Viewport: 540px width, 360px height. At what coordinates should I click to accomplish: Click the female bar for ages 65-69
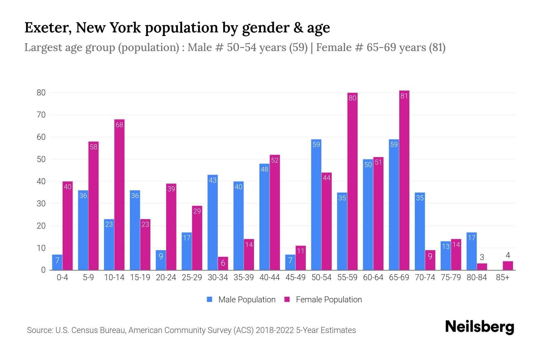coord(404,180)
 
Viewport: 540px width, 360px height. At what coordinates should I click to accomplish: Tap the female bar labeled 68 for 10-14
coord(119,195)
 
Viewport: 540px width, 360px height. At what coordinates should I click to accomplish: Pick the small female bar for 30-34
coord(223,263)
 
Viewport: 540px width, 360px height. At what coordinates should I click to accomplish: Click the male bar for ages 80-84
coord(472,251)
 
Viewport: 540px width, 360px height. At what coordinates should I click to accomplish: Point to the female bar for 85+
coord(508,266)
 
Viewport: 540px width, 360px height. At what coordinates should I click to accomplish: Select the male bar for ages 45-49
coord(290,262)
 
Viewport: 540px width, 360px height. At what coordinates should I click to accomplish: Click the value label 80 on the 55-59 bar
coord(352,98)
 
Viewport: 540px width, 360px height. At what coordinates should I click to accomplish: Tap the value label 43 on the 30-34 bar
coord(212,180)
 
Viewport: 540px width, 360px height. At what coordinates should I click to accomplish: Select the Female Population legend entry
coord(323,300)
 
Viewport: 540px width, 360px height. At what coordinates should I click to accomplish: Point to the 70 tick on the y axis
coord(41,115)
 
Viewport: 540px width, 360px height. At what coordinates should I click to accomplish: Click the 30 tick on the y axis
coord(41,204)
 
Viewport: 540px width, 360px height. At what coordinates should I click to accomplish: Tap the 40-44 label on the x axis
coord(269,277)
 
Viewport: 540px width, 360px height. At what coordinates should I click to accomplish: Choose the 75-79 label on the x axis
coord(451,277)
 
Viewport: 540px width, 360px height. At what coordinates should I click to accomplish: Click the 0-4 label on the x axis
coord(62,277)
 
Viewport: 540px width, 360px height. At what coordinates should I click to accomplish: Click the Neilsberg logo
coord(479,327)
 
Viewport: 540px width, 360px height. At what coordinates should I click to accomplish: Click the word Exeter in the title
coord(48,28)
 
